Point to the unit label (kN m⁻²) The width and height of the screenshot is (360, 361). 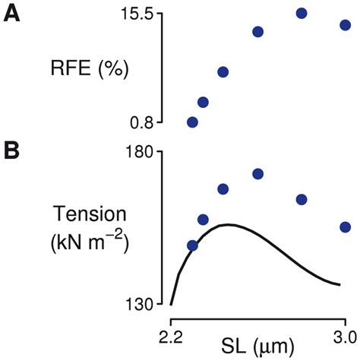click(85, 243)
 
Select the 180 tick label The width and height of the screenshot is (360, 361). click(142, 152)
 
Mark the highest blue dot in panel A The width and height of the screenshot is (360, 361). click(302, 13)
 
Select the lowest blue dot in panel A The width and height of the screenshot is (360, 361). click(192, 122)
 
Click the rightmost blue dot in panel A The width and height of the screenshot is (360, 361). click(346, 25)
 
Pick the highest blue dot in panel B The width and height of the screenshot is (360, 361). click(257, 174)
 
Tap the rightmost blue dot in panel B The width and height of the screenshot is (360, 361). click(346, 226)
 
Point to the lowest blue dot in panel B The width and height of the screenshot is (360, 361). click(192, 245)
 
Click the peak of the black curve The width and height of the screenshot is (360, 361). click(227, 224)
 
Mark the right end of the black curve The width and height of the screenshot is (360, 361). click(339, 286)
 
